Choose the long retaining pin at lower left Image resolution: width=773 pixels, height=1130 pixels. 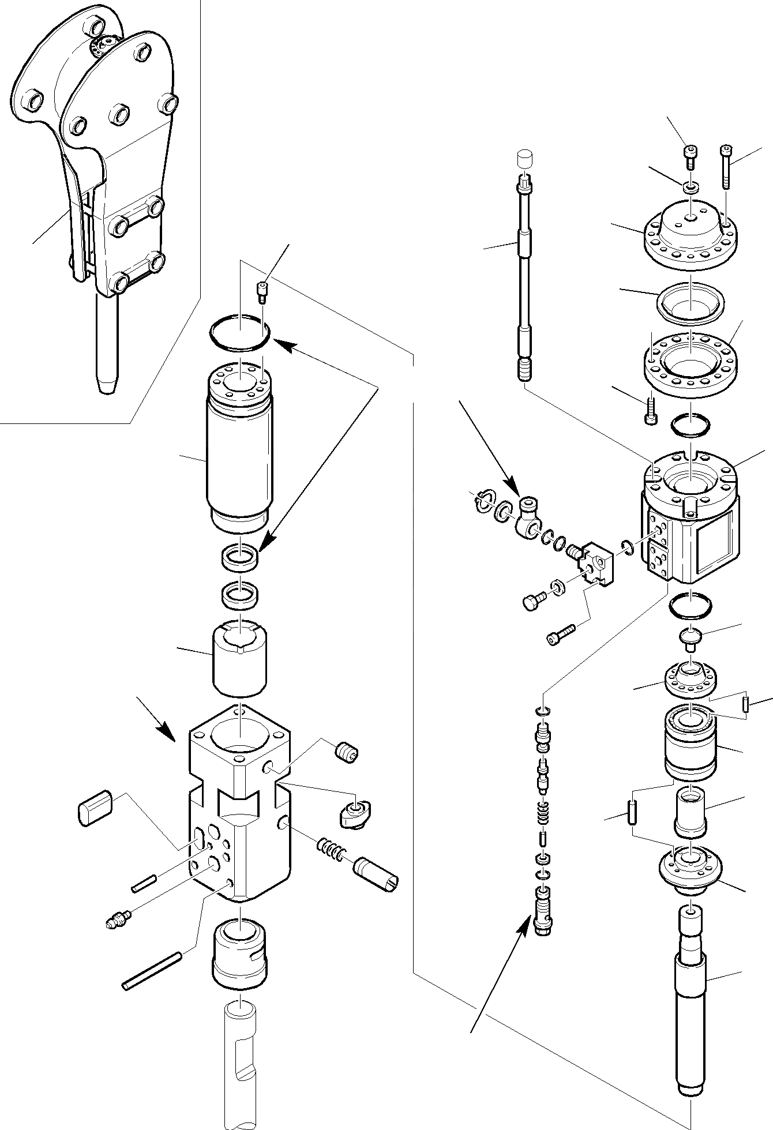click(x=152, y=971)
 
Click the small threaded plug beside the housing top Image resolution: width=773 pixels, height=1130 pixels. click(x=347, y=752)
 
